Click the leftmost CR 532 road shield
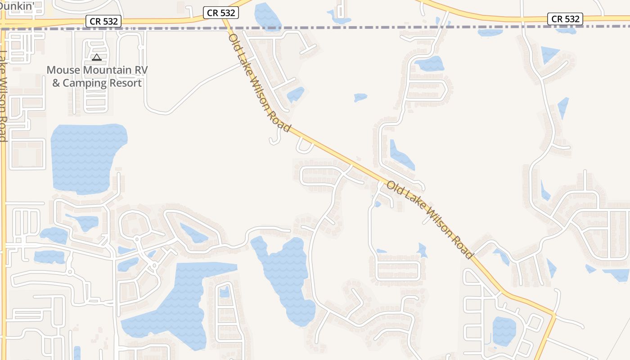coord(103,21)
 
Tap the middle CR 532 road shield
coord(220,13)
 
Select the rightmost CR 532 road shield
coord(565,18)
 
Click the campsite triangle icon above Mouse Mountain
coord(97,57)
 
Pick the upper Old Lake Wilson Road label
coord(260,83)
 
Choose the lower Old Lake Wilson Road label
coord(430,220)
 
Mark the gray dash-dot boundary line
coord(360,27)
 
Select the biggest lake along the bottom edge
coord(180,301)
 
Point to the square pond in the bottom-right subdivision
coord(504,331)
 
